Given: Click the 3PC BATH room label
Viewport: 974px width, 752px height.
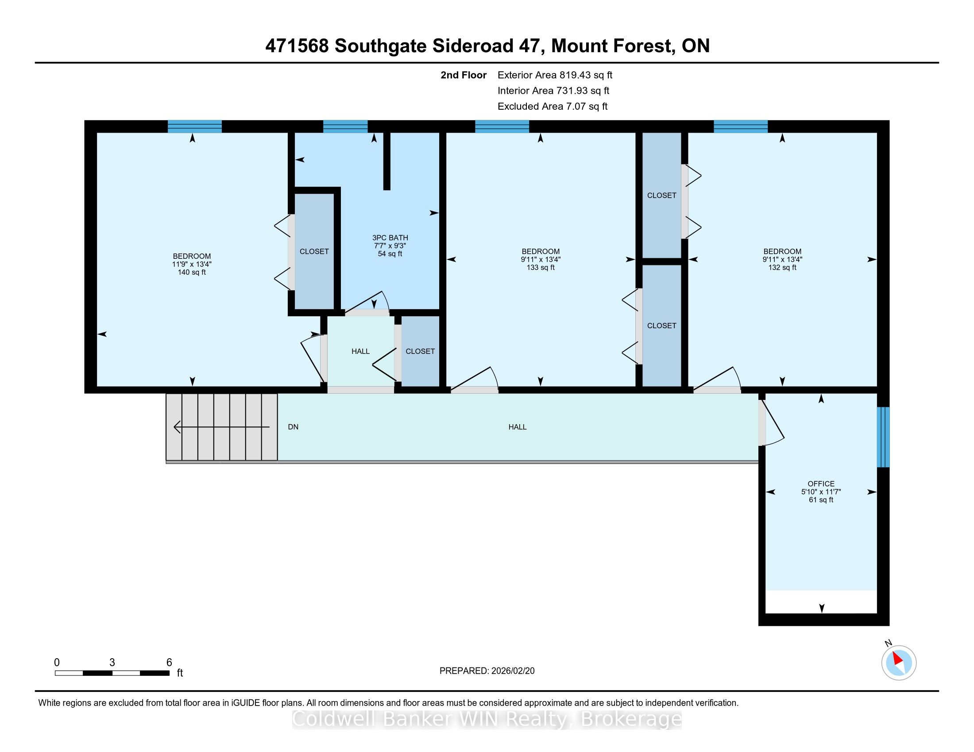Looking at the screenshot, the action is point(390,238).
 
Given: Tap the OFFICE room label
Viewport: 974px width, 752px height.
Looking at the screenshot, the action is point(821,483).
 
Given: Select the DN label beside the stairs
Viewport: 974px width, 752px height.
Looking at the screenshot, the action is point(293,427).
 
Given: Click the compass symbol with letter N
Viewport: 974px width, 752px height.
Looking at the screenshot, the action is point(898,662).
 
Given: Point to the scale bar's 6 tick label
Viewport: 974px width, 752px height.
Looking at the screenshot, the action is point(169,663).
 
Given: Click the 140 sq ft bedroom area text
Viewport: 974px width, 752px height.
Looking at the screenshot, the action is point(192,272).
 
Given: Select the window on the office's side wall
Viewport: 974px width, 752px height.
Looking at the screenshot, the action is point(883,437).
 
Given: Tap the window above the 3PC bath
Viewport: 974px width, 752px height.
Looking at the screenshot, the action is point(345,127).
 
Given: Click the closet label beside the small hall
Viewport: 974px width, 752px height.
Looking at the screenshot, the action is point(420,352).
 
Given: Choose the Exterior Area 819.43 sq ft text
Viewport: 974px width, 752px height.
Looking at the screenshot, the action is point(555,75).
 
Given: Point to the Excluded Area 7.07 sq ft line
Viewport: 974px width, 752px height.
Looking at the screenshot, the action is point(553,107).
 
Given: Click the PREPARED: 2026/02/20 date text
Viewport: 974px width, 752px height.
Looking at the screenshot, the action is point(487,671).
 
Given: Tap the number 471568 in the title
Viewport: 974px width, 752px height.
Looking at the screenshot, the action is point(297,46).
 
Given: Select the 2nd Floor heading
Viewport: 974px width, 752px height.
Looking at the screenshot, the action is point(464,75).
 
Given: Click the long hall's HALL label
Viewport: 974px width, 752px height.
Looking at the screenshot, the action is point(517,427).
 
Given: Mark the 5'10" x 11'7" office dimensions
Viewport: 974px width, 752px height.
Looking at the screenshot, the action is point(821,492).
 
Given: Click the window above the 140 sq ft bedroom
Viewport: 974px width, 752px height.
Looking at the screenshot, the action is point(194,127).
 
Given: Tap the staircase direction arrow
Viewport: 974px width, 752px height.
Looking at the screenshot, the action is point(222,427).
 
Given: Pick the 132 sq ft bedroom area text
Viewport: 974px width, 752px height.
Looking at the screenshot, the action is point(782,267).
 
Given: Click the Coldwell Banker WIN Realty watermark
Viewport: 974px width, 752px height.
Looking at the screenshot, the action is point(487,719).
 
